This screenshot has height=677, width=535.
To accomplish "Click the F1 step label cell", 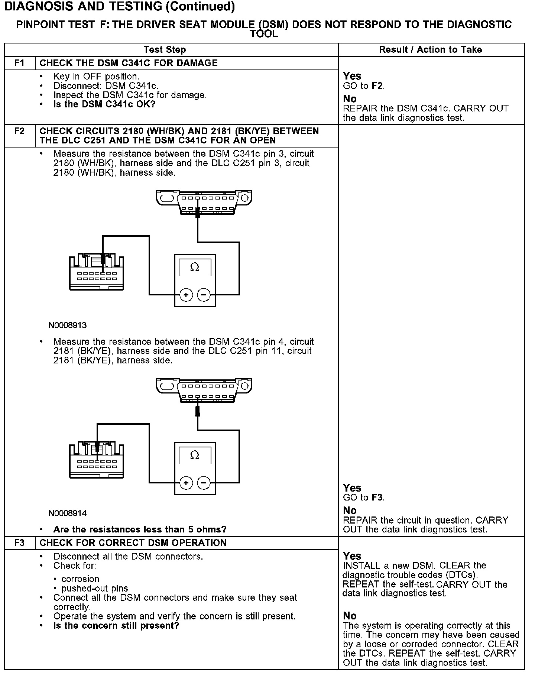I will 19,63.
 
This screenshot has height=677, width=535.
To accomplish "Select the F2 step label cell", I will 19,132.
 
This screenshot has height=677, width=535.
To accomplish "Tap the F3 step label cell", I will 19,543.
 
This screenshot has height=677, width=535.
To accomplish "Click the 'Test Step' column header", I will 165,50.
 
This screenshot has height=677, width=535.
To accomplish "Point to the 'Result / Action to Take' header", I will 430,50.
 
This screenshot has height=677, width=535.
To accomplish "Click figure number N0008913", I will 67,325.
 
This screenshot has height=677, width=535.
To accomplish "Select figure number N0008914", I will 67,514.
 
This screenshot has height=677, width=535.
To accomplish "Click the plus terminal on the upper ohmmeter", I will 186,295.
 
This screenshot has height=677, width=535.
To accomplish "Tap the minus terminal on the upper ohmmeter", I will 203,295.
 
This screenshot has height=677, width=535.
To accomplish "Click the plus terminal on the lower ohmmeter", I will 186,483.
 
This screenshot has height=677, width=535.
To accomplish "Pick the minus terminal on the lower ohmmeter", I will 203,483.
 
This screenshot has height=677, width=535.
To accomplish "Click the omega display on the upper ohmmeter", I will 195,267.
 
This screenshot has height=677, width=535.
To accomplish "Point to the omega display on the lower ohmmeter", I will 195,455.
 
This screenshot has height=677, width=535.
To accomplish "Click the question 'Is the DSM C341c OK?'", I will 104,104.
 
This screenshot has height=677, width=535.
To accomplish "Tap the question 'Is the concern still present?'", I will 116,626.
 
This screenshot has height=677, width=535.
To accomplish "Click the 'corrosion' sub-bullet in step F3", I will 80,579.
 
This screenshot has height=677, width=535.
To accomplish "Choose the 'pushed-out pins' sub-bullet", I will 94,589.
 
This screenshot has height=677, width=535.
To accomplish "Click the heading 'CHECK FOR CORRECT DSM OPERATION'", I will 133,543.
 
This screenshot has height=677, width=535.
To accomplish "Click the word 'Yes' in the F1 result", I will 352,76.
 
